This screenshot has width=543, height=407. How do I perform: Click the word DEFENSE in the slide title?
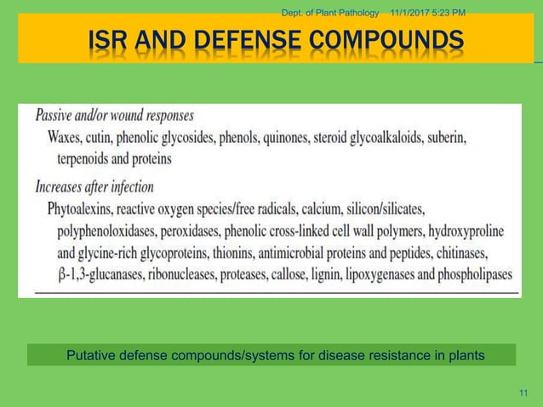pyautogui.click(x=242, y=40)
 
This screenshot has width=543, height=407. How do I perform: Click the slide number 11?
pyautogui.click(x=523, y=393)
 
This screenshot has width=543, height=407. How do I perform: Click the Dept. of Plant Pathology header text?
pyautogui.click(x=329, y=10)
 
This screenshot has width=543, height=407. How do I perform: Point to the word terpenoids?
pyautogui.click(x=90, y=158)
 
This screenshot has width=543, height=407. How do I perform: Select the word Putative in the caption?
pyautogui.click(x=91, y=354)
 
